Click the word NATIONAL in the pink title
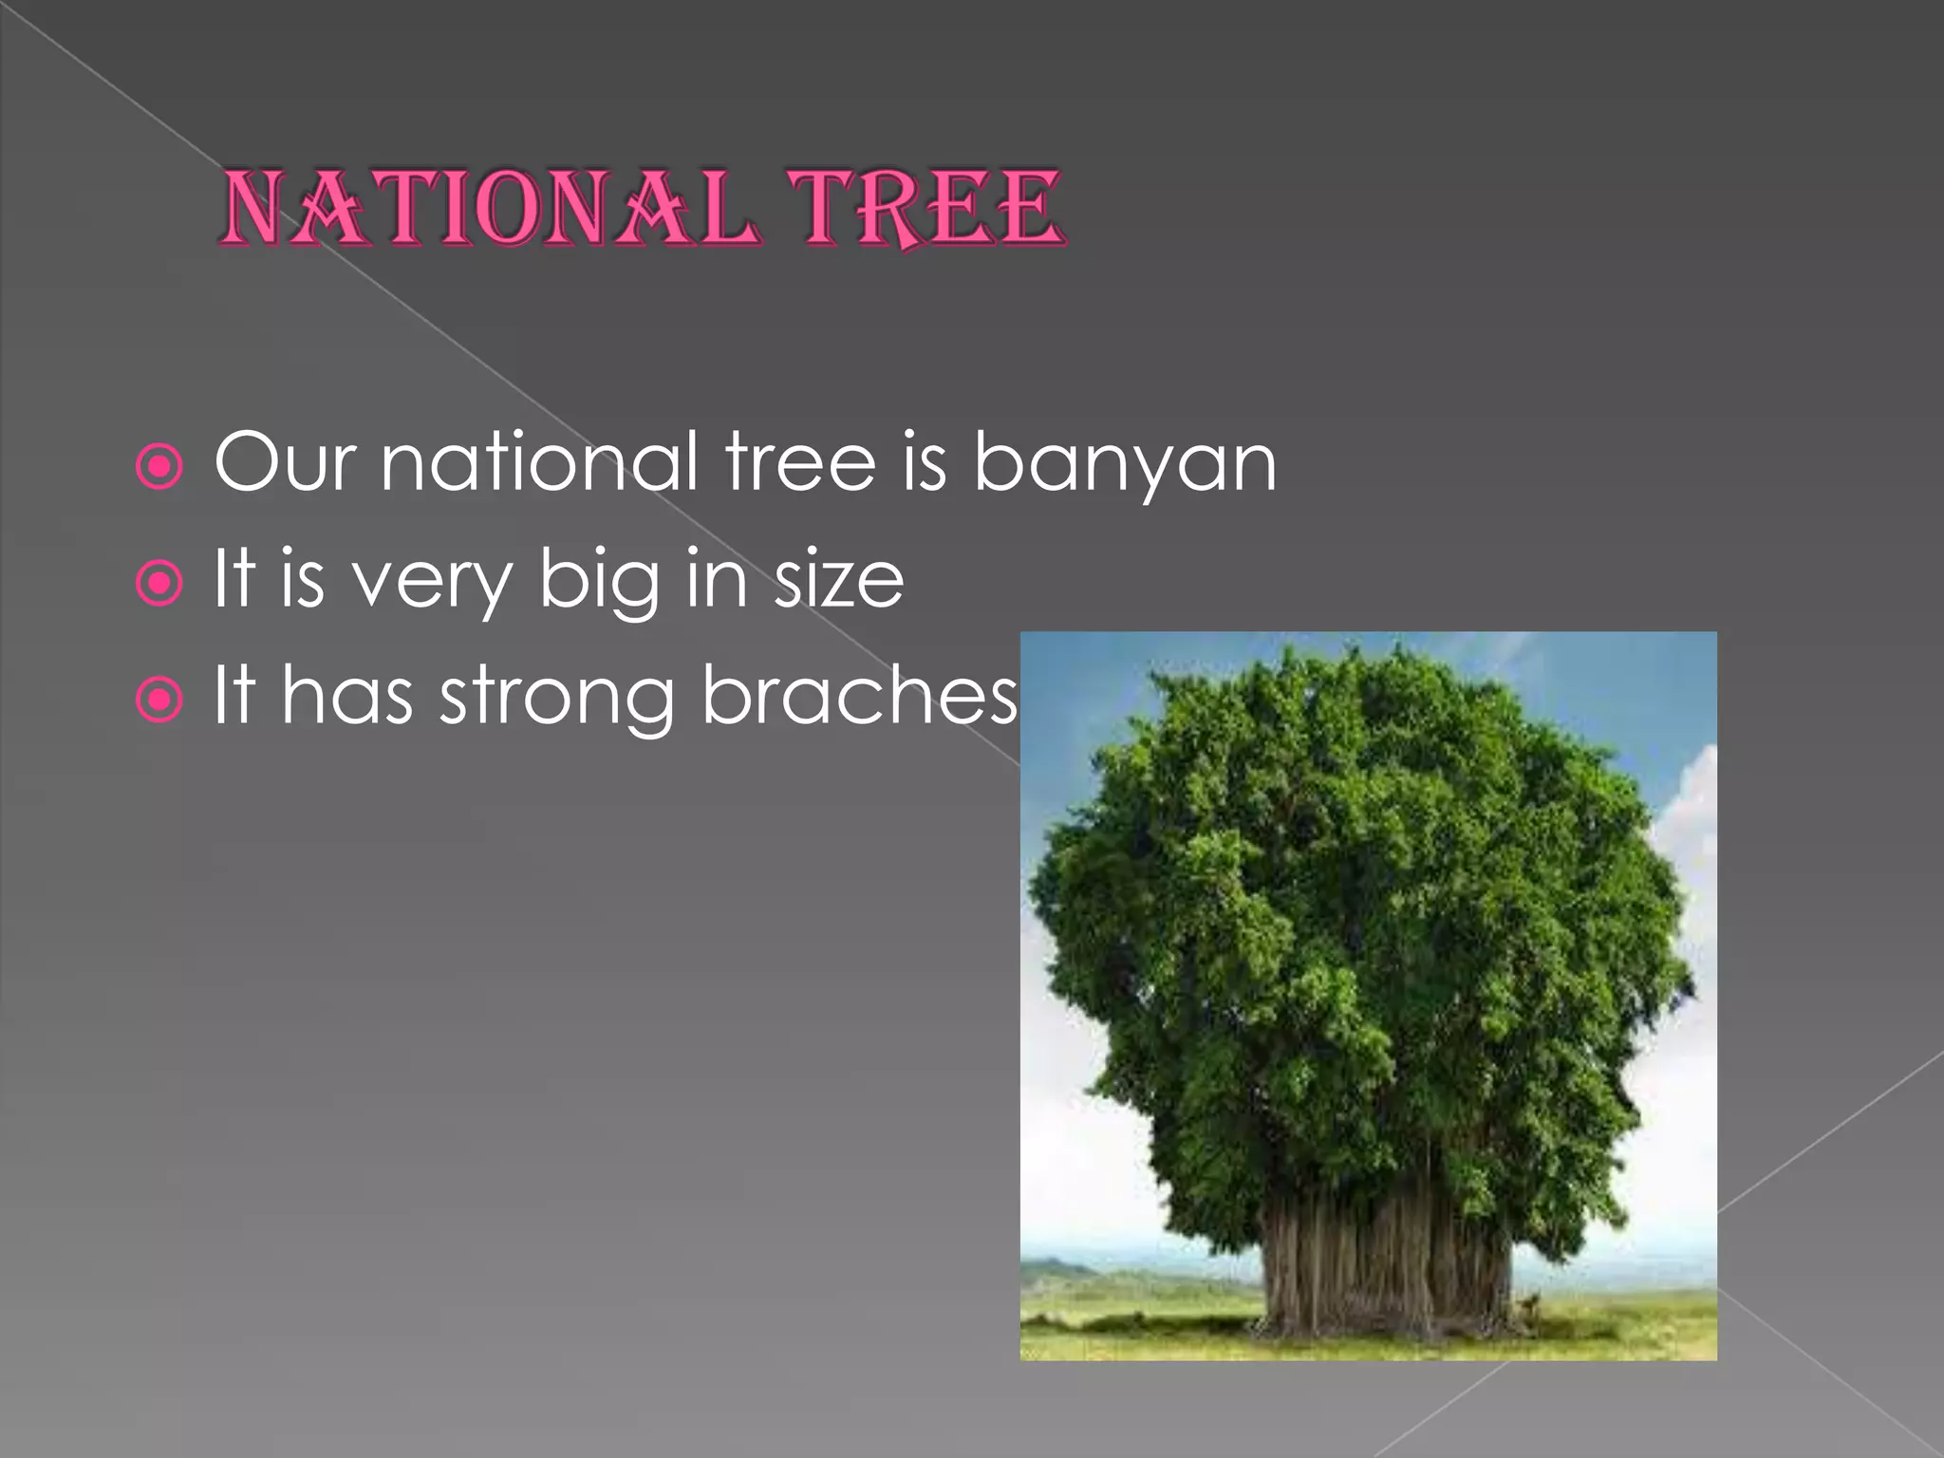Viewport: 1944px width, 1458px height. [x=489, y=209]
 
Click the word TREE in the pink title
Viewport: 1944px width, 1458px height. [x=926, y=209]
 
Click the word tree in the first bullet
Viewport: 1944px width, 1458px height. [x=800, y=463]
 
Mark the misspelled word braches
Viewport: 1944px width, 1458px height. [x=859, y=695]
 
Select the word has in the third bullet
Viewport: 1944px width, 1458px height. [x=346, y=695]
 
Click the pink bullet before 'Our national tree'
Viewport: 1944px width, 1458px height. [x=159, y=467]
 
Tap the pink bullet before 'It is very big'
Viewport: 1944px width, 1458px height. [x=159, y=584]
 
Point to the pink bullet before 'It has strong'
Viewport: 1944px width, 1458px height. [x=159, y=701]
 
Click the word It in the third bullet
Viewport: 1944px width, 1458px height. [x=234, y=695]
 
